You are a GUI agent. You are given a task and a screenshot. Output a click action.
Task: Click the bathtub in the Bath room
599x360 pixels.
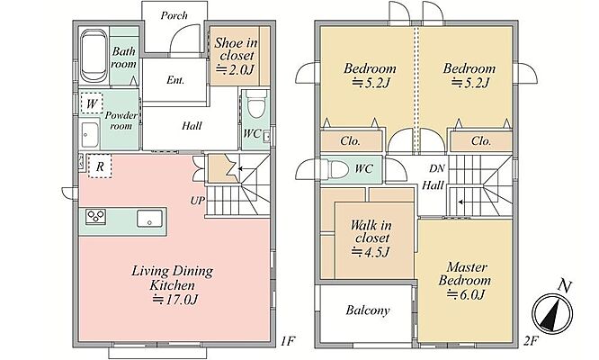click(x=94, y=57)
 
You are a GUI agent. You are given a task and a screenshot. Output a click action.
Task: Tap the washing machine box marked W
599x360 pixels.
click(x=92, y=103)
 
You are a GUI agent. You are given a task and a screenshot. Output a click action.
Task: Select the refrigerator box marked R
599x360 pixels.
click(x=100, y=166)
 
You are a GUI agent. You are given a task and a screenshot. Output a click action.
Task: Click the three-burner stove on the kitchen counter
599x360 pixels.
click(x=95, y=217)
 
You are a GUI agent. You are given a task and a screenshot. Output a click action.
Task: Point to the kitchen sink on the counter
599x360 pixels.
click(x=149, y=218)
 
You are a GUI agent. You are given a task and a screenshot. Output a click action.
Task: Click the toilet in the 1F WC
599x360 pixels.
click(x=255, y=103)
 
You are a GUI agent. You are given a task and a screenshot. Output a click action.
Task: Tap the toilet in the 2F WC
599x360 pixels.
click(x=336, y=169)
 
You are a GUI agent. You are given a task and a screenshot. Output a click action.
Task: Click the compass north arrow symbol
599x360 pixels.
click(x=552, y=314)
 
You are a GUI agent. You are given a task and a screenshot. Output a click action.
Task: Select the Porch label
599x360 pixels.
click(x=174, y=15)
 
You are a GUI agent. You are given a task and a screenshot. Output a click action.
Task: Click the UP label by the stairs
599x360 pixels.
click(x=198, y=201)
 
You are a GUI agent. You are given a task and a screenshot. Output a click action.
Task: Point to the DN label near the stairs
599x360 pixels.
click(x=436, y=168)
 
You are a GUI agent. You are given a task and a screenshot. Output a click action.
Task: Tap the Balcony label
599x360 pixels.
click(x=368, y=310)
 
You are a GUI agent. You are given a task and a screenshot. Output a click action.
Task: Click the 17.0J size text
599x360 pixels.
click(x=175, y=300)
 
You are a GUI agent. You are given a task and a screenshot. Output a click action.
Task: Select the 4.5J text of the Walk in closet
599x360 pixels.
click(x=371, y=252)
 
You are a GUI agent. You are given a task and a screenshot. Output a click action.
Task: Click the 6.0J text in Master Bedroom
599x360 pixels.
click(x=467, y=294)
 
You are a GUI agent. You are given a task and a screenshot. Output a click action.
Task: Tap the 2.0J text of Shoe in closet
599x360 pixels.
click(x=236, y=69)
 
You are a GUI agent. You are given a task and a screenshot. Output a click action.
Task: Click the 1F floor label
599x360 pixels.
click(x=288, y=341)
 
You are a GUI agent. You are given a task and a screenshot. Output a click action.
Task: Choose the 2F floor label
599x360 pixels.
click(x=532, y=341)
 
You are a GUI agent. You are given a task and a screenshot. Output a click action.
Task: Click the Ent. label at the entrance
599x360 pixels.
click(x=175, y=80)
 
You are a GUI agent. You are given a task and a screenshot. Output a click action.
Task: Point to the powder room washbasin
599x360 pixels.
click(x=90, y=135)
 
